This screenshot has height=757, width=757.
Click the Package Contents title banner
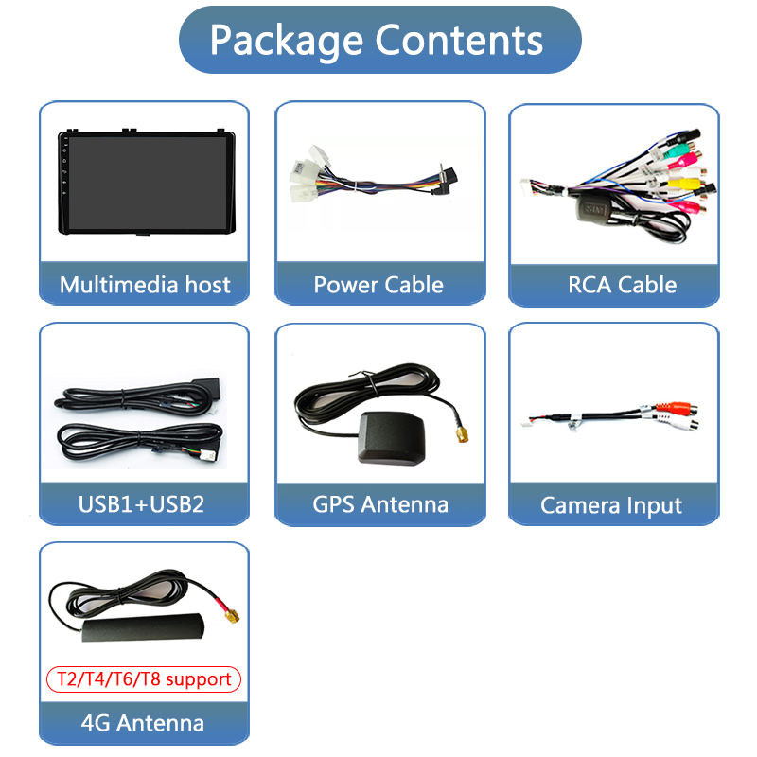tap(378, 41)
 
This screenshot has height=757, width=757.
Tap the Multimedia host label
tap(144, 285)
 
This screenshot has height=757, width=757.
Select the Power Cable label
tap(378, 285)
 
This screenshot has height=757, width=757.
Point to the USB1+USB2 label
tap(141, 504)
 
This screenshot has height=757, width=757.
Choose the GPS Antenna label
tap(379, 504)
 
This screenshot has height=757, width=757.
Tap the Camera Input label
tap(611, 505)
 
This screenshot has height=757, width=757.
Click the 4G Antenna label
tap(142, 724)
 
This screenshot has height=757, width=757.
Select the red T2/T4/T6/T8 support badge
tap(145, 679)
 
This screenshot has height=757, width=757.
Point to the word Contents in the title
tap(460, 41)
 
